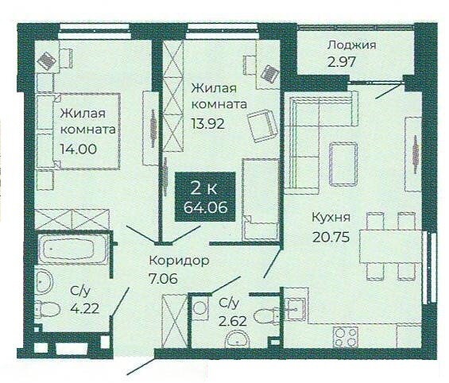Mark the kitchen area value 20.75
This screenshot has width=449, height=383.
[x=327, y=234]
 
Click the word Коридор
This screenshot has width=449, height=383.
[x=180, y=261]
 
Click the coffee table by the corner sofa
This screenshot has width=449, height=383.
[x=344, y=161]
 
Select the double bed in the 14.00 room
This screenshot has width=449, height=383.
[x=76, y=131]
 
